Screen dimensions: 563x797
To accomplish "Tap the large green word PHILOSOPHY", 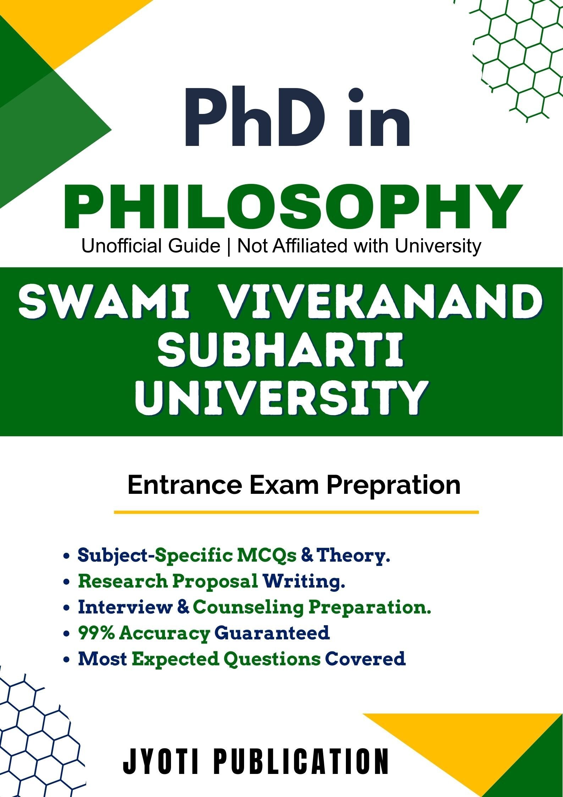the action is tap(293, 207).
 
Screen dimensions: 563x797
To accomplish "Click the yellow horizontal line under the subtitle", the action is tap(296, 512).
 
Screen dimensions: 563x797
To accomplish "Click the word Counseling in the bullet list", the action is tap(248, 607).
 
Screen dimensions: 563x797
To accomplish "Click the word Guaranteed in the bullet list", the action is tap(272, 633).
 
